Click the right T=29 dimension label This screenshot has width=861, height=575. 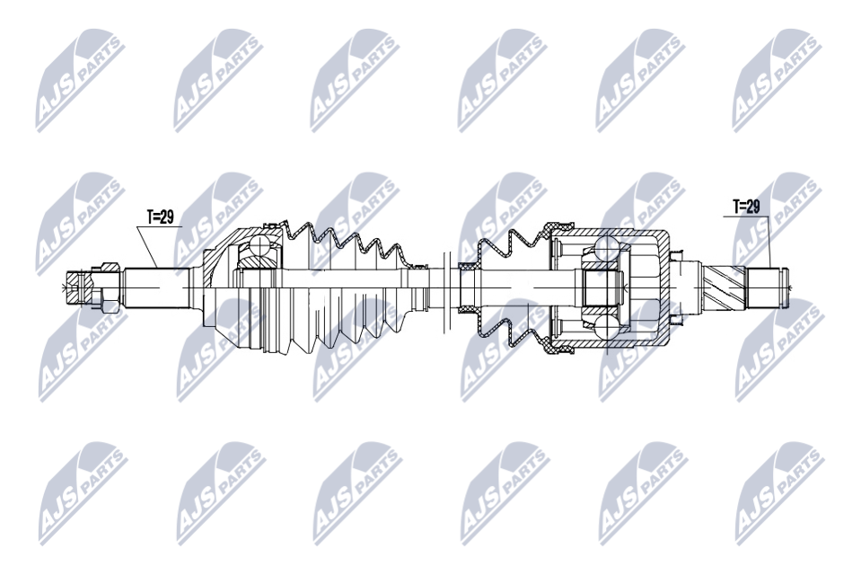pyautogui.click(x=746, y=207)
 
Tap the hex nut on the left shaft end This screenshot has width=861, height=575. pyautogui.click(x=105, y=286)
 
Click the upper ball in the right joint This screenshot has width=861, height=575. pyautogui.click(x=605, y=248)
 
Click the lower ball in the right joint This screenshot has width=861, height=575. pyautogui.click(x=605, y=324)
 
